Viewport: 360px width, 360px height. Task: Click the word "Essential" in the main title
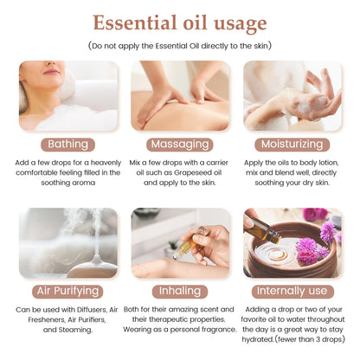pyautogui.click(x=135, y=22)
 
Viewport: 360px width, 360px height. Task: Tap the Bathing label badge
pyautogui.click(x=67, y=145)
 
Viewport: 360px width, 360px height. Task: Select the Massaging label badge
pyautogui.click(x=180, y=145)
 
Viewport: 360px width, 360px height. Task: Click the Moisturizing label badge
pyautogui.click(x=292, y=145)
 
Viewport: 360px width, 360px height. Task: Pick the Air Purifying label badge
pyautogui.click(x=67, y=292)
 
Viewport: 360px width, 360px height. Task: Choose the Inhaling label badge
pyautogui.click(x=180, y=292)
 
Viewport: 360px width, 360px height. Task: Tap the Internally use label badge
pyautogui.click(x=292, y=292)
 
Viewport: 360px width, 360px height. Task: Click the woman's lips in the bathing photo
pyautogui.click(x=51, y=71)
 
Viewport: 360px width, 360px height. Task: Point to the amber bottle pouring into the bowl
pyautogui.click(x=261, y=228)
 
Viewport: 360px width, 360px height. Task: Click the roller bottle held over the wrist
pyautogui.click(x=189, y=245)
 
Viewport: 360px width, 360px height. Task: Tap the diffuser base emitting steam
pyautogui.click(x=93, y=267)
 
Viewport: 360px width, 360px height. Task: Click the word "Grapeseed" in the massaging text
pyautogui.click(x=190, y=173)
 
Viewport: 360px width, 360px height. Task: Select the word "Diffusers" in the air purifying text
pyautogui.click(x=92, y=310)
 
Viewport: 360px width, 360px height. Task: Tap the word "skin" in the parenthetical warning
pyautogui.click(x=261, y=46)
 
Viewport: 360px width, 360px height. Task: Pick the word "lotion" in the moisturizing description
pyautogui.click(x=328, y=163)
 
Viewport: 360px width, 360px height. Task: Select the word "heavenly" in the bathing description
pyautogui.click(x=106, y=163)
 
